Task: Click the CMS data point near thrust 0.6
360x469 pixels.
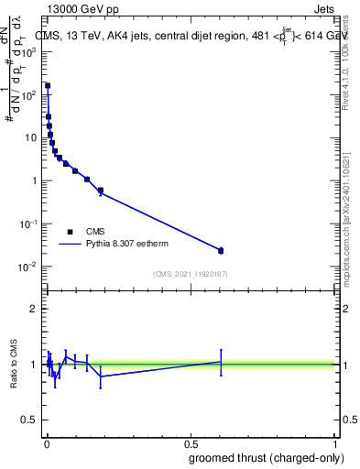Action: point(221,250)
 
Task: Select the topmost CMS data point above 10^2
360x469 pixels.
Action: point(48,86)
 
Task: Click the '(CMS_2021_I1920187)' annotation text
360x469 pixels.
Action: point(190,274)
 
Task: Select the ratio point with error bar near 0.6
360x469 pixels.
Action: point(221,362)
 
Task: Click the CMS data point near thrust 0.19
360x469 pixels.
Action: point(101,191)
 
